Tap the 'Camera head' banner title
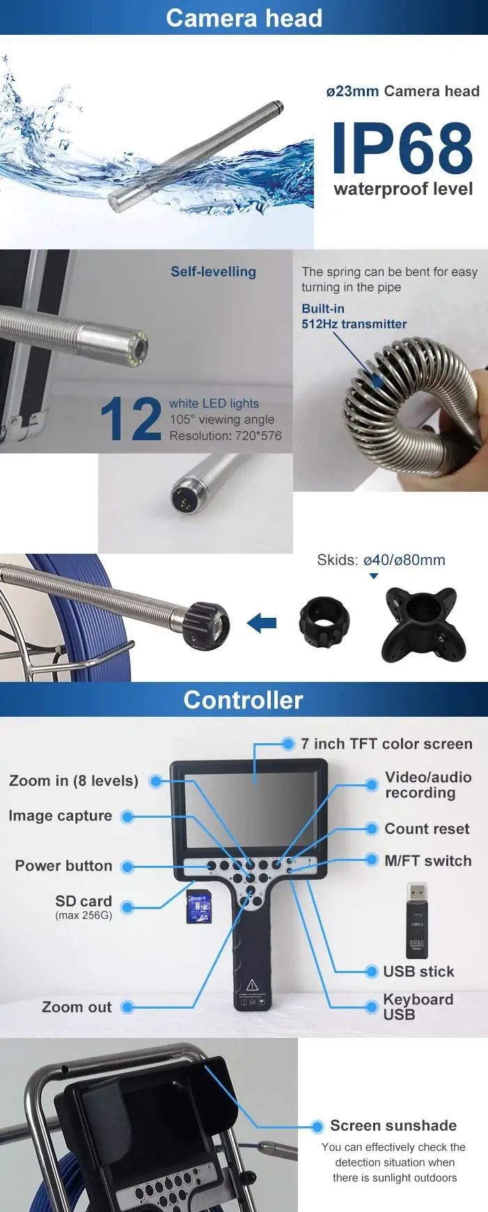coord(244,18)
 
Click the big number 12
coord(130,419)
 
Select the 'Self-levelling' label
coord(213,272)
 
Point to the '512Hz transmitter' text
coord(354,324)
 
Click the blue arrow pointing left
coord(262,622)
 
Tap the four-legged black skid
coord(419,623)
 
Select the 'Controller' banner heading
coord(244,700)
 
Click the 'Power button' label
coord(63,866)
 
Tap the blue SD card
coord(198,907)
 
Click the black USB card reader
coord(416,917)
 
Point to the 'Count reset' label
coord(427,829)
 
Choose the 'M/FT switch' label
coord(427,861)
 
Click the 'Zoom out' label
coord(77,1007)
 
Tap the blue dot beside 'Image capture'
coord(127,816)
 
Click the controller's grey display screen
coord(254,808)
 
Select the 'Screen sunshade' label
coord(393,1126)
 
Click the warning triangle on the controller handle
coord(252,984)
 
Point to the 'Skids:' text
coord(338,560)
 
